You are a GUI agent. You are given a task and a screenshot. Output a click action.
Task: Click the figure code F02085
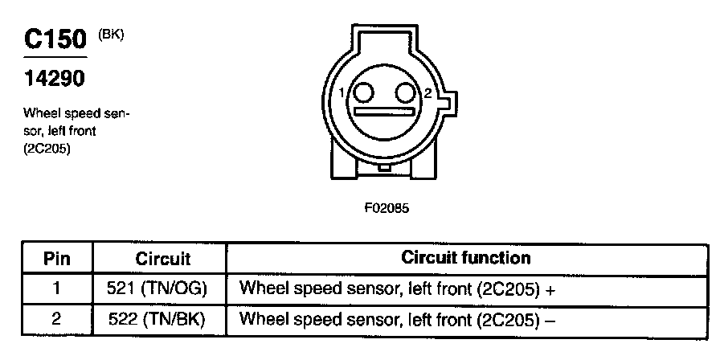point(387,207)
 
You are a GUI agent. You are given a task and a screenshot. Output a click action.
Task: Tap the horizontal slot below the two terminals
point(387,113)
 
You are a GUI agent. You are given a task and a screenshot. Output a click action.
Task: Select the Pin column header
point(56,259)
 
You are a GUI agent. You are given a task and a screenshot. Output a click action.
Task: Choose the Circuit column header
point(162,259)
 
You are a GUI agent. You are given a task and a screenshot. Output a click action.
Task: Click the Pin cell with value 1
point(56,288)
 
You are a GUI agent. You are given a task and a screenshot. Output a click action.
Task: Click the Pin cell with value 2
point(56,319)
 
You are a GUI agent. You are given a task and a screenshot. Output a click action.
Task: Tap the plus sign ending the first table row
point(550,289)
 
